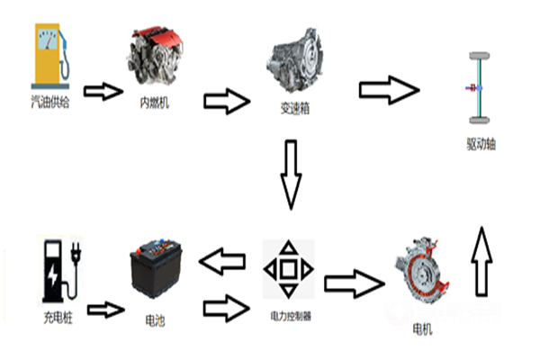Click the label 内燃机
pos(155,102)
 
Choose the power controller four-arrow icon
pos(288,268)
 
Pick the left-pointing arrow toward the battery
pos(221,263)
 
